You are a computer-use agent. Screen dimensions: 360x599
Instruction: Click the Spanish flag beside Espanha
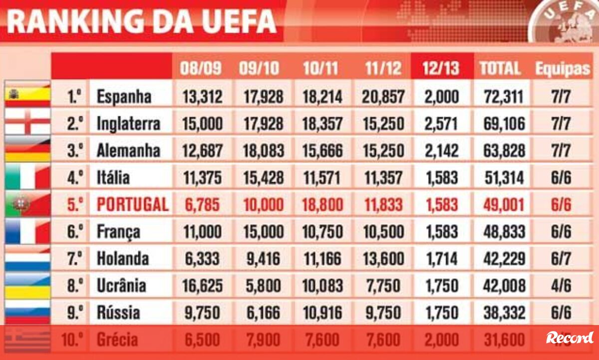click(x=27, y=95)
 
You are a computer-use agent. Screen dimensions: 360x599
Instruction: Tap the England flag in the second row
click(x=27, y=122)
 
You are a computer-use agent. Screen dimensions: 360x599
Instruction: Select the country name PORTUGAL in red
click(x=132, y=204)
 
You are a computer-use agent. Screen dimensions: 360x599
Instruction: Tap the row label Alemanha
click(x=128, y=150)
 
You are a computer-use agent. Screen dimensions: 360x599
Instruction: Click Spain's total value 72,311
click(x=504, y=96)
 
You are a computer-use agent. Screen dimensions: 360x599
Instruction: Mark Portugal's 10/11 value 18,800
click(x=322, y=204)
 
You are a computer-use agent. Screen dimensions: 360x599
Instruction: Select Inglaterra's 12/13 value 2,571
click(x=441, y=123)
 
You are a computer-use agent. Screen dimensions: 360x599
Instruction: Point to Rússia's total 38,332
click(x=504, y=313)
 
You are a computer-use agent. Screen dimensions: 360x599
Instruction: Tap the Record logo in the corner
click(x=570, y=338)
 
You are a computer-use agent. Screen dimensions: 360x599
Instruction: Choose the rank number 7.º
click(x=75, y=259)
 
